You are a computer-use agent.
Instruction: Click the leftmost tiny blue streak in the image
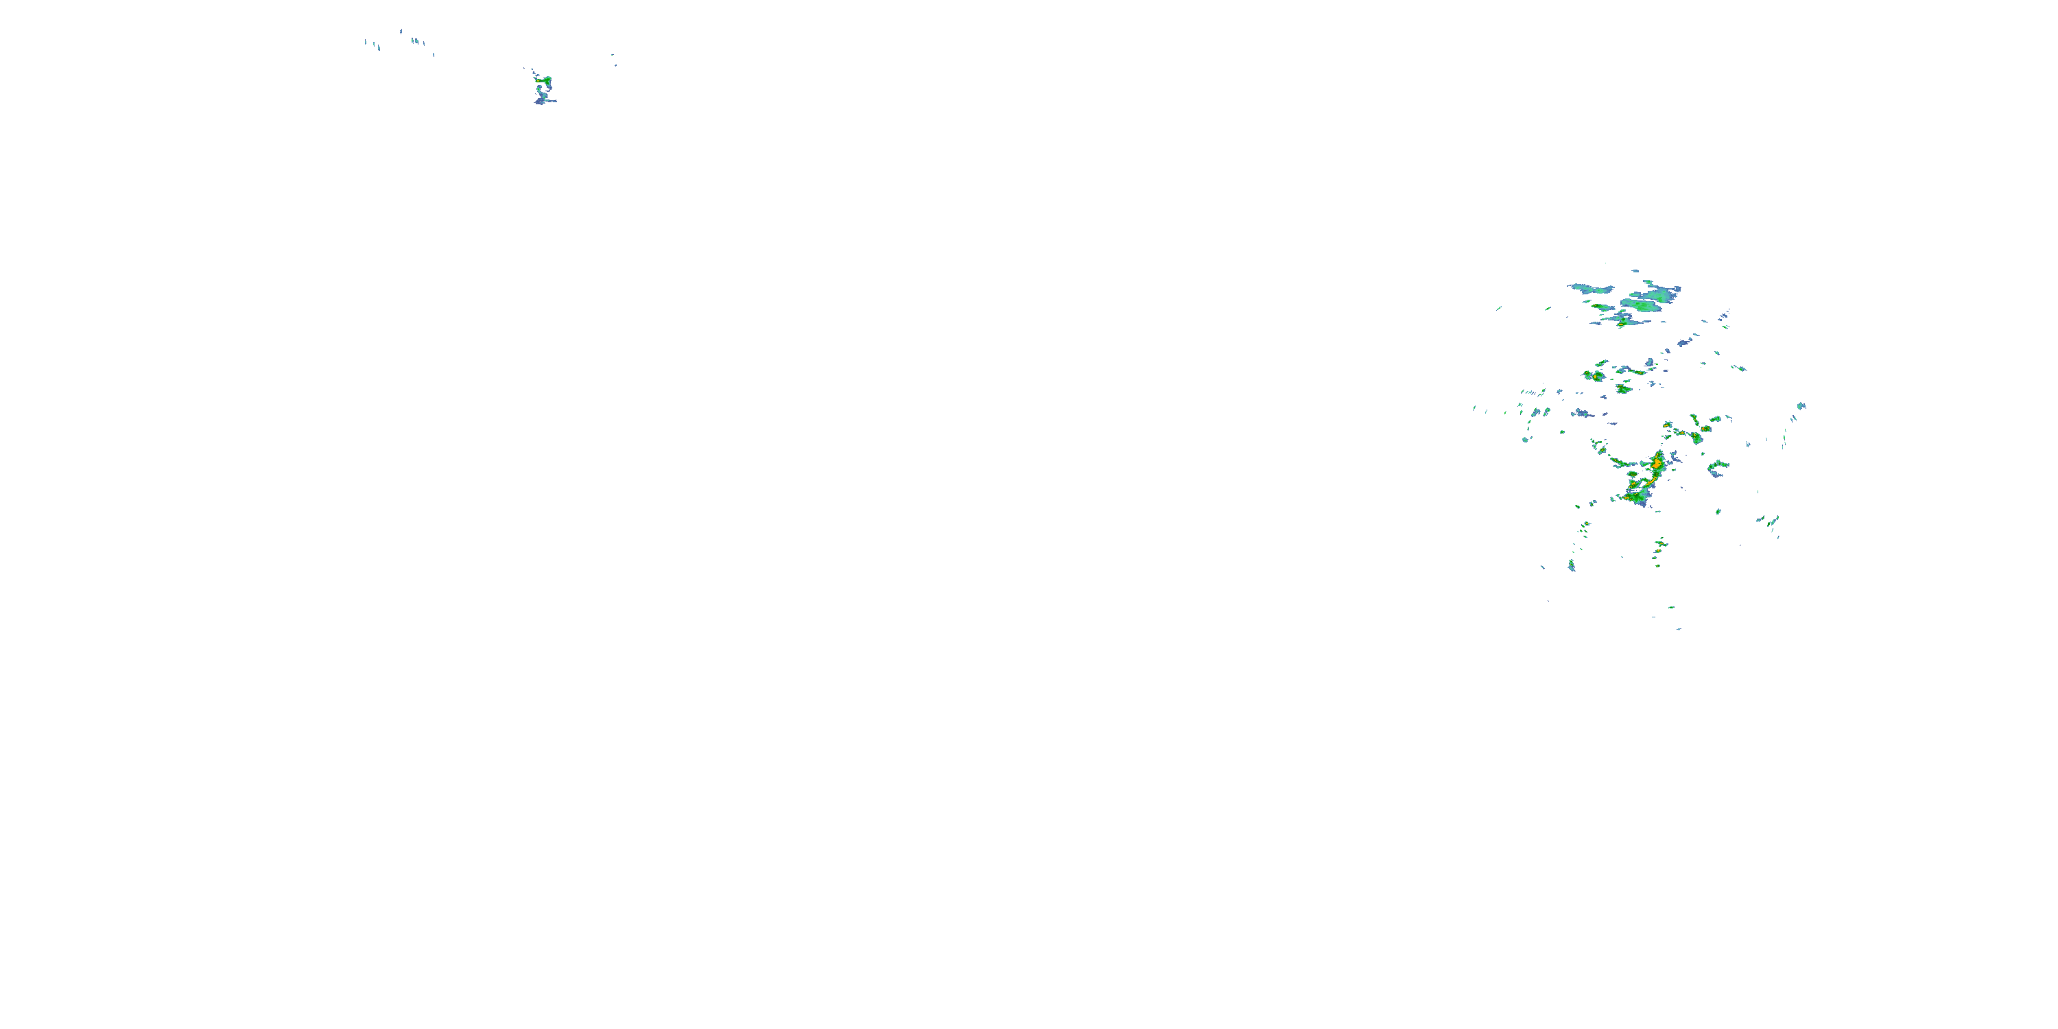click(x=366, y=42)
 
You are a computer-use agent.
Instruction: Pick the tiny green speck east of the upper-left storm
click(x=615, y=64)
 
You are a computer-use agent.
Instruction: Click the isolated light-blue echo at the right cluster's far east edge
click(x=1801, y=406)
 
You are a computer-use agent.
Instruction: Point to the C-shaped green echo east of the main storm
click(x=1716, y=465)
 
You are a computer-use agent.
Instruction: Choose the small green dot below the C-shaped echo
click(x=1718, y=511)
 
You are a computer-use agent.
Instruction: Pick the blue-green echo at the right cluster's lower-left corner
click(x=1572, y=566)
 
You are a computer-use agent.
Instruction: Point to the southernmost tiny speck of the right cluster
click(x=1679, y=629)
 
